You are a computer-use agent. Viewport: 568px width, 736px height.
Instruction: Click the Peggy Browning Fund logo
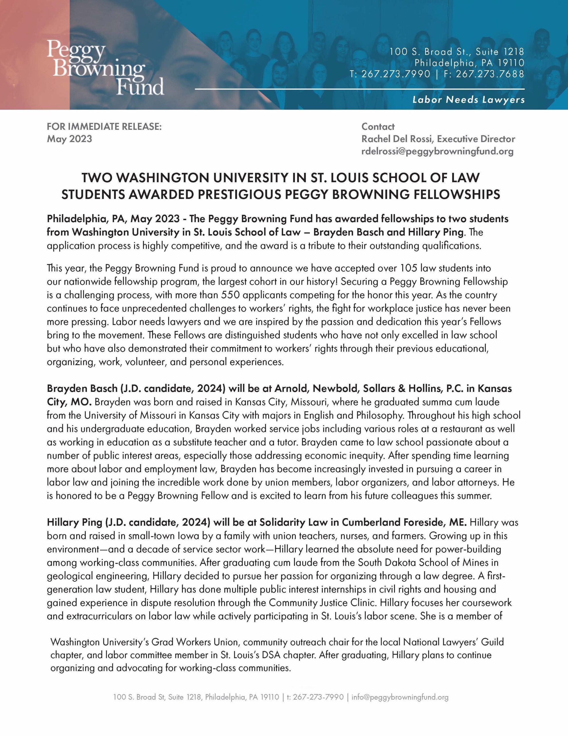(x=105, y=67)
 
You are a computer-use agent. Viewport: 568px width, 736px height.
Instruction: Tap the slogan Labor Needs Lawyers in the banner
(x=468, y=99)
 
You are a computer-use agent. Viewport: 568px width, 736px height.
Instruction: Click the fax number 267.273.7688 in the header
(x=490, y=74)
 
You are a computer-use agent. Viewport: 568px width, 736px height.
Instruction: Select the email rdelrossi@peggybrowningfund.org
(x=437, y=151)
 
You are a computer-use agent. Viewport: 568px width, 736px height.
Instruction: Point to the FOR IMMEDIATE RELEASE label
(x=104, y=126)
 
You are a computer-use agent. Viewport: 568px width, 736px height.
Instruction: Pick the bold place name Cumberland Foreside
(x=393, y=522)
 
